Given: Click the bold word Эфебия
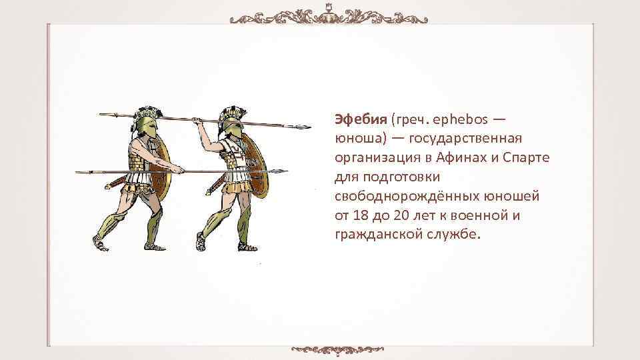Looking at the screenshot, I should click(x=361, y=119).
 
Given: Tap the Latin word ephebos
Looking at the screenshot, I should click(x=459, y=119).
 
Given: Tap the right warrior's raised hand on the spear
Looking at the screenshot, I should click(x=197, y=121).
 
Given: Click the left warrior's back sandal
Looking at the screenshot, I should click(x=100, y=245).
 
